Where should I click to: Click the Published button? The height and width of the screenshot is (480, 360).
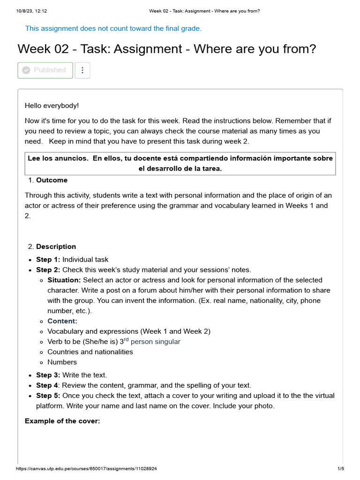point(45,70)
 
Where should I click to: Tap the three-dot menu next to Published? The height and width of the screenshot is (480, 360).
point(82,70)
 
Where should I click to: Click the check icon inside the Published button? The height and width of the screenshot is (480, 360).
point(26,70)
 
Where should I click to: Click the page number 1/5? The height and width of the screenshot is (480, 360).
point(341,469)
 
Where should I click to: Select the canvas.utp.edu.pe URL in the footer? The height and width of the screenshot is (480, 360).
point(86,469)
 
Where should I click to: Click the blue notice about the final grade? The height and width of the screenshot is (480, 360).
point(113,29)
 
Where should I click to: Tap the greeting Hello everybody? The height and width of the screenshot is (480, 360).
point(52,106)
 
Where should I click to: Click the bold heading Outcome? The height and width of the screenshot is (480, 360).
point(52,180)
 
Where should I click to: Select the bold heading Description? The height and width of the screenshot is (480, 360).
point(56,247)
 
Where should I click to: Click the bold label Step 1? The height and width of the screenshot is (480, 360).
point(48,259)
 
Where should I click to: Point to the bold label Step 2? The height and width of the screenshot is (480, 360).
point(48,270)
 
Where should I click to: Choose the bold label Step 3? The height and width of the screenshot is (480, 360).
point(48,375)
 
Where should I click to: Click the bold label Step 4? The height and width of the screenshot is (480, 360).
point(47,385)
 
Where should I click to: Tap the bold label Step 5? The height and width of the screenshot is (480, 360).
point(48,396)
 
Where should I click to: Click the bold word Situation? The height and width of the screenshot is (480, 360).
point(64,280)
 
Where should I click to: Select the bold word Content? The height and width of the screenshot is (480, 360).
point(62,321)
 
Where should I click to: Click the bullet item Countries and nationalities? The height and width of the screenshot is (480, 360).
point(90,352)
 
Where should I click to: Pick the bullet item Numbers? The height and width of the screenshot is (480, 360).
point(62,362)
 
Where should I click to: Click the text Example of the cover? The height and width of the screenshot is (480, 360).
point(62,421)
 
